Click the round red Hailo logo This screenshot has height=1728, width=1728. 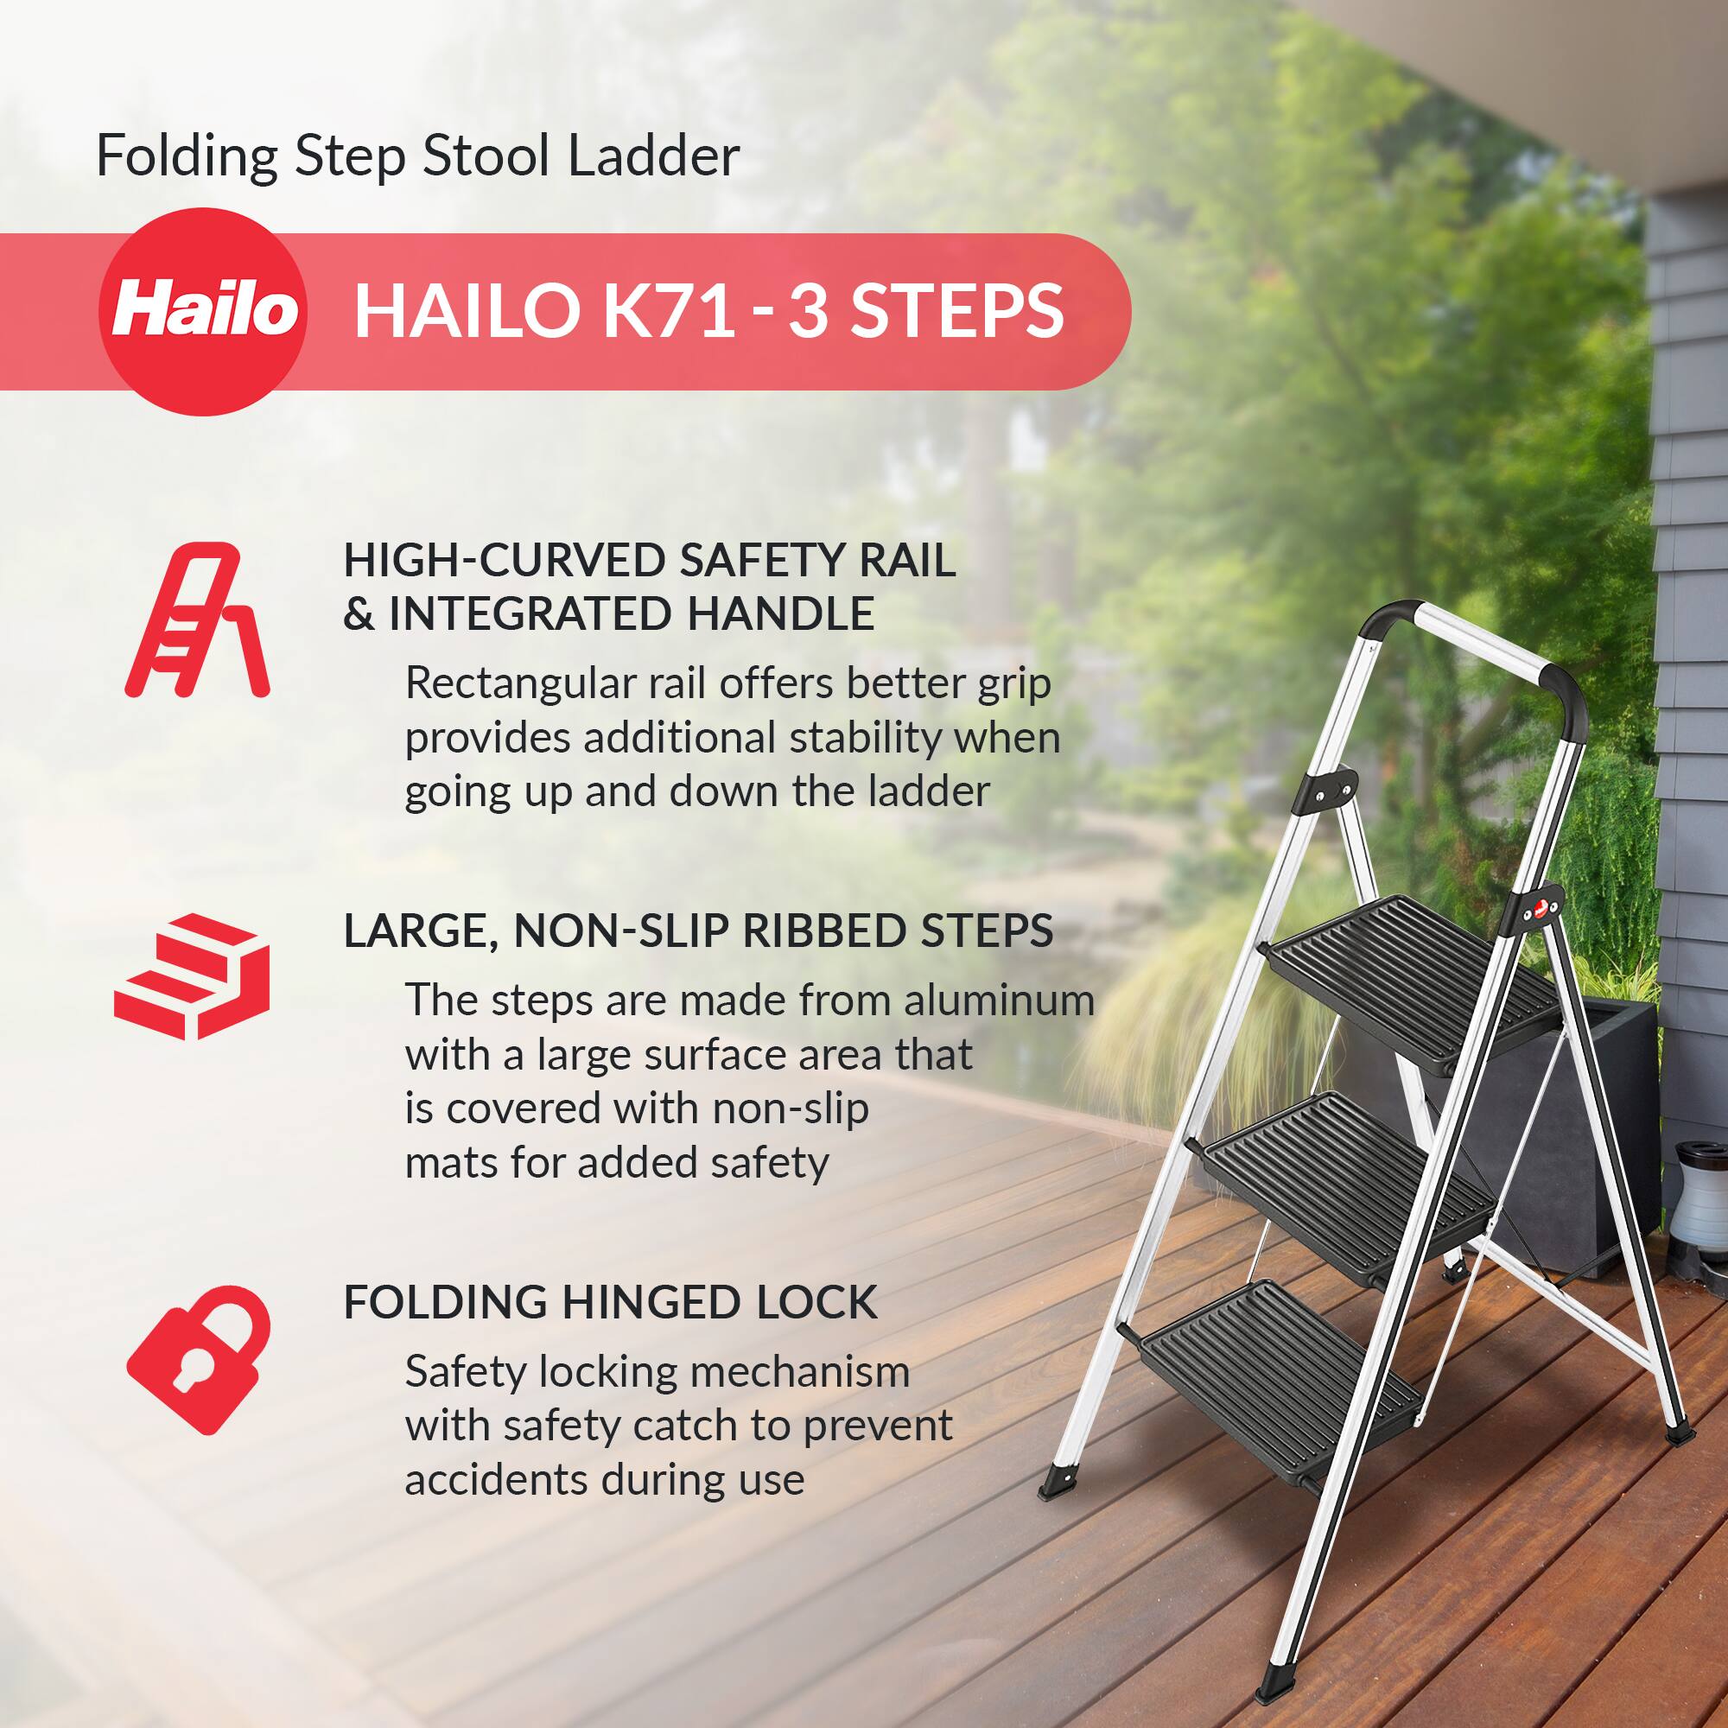pyautogui.click(x=202, y=311)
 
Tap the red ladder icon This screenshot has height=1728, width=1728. pyautogui.click(x=197, y=619)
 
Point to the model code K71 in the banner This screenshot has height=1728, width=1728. pyautogui.click(x=670, y=311)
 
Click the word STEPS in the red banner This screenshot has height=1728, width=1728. pyautogui.click(x=956, y=311)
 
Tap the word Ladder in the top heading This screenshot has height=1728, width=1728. pyautogui.click(x=654, y=156)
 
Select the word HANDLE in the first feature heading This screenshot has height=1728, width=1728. pyautogui.click(x=780, y=614)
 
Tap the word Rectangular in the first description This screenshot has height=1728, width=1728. pyautogui.click(x=519, y=684)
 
